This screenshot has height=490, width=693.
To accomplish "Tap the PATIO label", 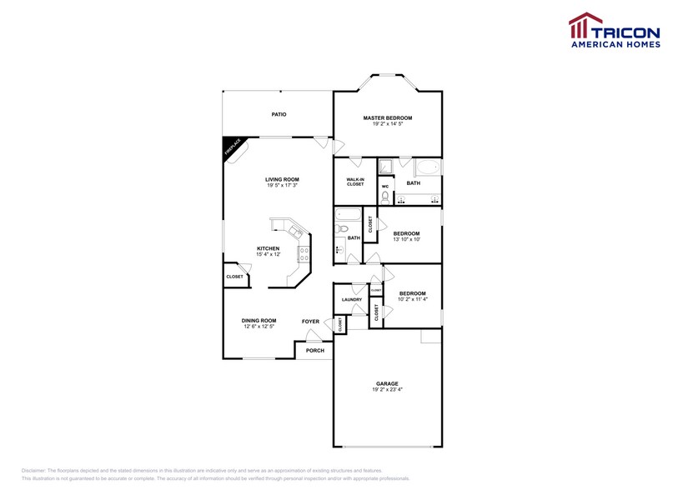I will (279, 114).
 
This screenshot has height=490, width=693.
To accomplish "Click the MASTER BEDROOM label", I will (387, 118).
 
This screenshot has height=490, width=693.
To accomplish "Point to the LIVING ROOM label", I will (282, 179).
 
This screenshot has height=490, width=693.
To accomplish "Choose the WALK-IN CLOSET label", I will (355, 182).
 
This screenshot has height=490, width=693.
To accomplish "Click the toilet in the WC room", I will (384, 197).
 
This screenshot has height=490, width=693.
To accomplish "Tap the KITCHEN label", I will (268, 248).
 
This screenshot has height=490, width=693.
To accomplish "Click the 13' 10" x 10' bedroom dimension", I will (406, 239).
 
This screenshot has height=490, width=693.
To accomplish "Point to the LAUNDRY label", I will (351, 299).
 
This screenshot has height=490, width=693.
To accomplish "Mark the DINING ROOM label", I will (259, 320).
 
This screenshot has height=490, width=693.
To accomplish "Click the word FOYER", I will (310, 321).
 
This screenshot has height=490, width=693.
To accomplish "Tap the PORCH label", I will (314, 351).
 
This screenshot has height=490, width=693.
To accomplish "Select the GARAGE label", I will (387, 383).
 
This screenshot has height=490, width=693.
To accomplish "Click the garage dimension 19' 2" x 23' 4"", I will (387, 390).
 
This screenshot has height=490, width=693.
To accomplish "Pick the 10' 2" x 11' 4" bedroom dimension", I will (412, 299).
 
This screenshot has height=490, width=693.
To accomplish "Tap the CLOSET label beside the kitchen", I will (234, 277).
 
